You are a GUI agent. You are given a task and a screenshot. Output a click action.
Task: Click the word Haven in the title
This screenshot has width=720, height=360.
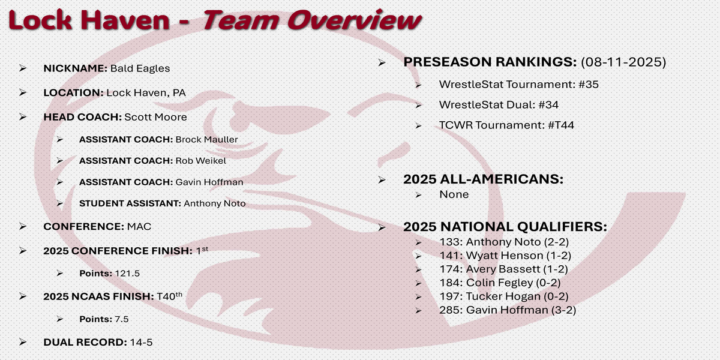125,20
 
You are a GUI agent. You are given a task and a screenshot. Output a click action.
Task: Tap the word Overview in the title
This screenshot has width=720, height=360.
354,20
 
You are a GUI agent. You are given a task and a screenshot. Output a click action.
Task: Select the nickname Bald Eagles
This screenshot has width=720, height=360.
140,68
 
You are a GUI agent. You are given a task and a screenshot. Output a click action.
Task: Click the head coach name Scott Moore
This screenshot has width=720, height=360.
155,117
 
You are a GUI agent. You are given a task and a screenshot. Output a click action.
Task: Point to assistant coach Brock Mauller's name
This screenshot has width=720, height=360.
206,139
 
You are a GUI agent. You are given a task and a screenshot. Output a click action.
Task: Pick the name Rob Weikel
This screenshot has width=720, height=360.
201,161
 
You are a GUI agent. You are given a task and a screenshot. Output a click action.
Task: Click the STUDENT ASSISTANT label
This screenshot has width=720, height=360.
130,203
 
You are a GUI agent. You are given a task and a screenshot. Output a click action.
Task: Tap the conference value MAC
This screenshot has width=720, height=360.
139,227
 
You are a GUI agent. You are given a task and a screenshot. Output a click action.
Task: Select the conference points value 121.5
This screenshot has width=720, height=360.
127,274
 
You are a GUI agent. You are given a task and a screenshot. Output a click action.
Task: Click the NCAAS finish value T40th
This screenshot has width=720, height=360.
169,296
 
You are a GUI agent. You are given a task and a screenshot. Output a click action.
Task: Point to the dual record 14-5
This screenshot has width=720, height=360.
141,343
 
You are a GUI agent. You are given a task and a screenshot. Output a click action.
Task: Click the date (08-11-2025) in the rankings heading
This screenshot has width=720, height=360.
623,62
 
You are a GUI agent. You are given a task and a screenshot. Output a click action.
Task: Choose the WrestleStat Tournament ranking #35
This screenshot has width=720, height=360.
589,85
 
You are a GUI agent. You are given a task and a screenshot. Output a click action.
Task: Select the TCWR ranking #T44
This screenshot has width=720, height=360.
561,125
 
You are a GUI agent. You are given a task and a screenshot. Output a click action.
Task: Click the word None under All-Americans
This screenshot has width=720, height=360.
454,194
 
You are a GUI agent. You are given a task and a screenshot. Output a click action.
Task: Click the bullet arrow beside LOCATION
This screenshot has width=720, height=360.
23,92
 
